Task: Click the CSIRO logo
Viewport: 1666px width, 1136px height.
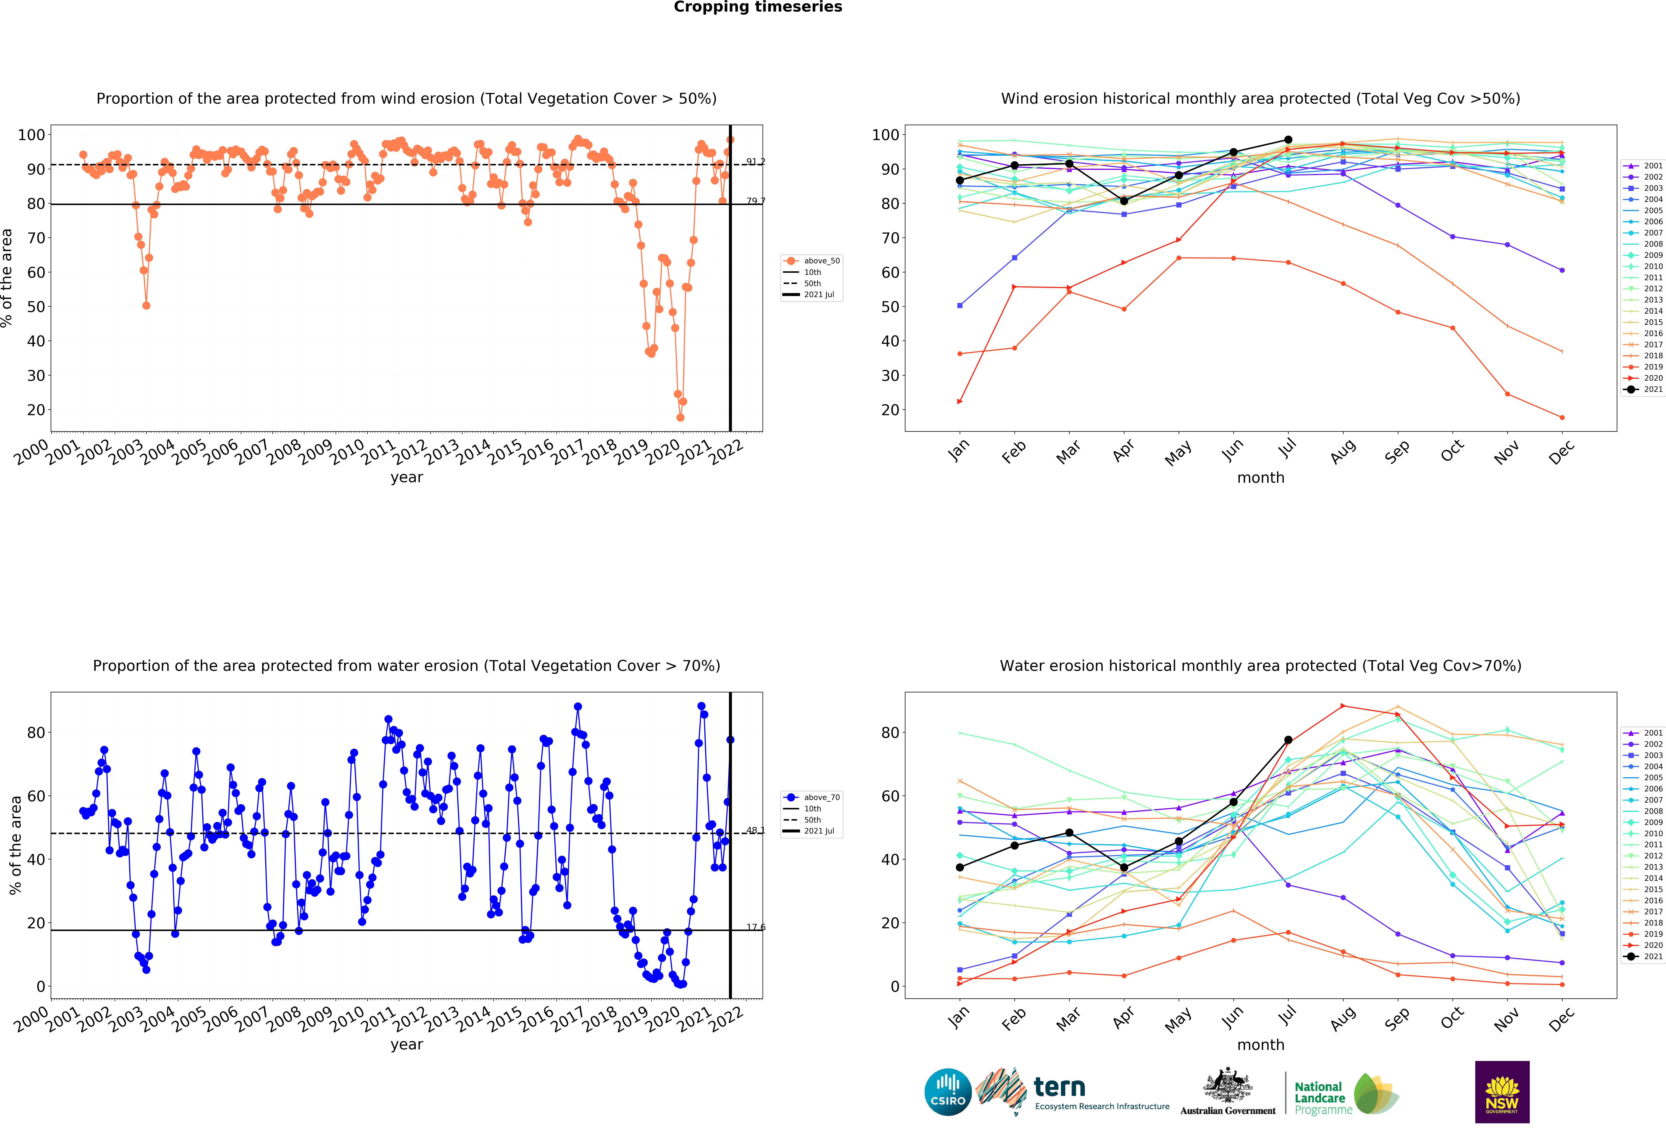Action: tap(948, 1092)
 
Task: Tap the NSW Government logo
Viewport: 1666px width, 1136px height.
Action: tap(1502, 1092)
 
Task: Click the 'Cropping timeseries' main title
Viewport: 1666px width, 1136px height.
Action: tap(758, 7)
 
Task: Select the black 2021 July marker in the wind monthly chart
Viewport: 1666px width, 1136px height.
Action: tap(1288, 140)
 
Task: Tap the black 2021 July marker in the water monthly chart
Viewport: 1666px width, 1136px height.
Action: tap(1288, 740)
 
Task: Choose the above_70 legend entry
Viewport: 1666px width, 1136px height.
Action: tap(812, 797)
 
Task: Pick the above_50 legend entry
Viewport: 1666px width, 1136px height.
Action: tap(812, 261)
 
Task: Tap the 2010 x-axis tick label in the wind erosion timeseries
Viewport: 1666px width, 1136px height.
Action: tap(347, 452)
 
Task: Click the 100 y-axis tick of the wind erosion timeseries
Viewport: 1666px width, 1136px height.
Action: tap(31, 135)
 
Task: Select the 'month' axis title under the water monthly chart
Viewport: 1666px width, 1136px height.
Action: tap(1260, 1045)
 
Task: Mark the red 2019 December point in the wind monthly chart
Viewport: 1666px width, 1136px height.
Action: tap(1562, 417)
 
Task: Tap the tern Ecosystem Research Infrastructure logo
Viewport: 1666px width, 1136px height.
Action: tap(1072, 1092)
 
